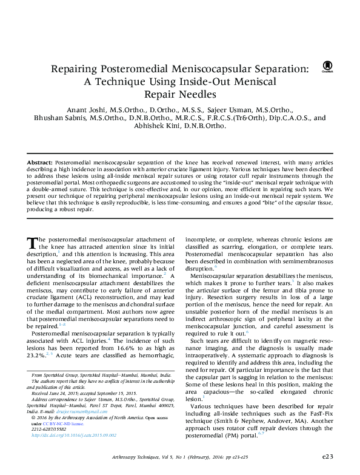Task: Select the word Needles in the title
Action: (x=194, y=94)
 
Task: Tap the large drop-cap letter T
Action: (x=34, y=243)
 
